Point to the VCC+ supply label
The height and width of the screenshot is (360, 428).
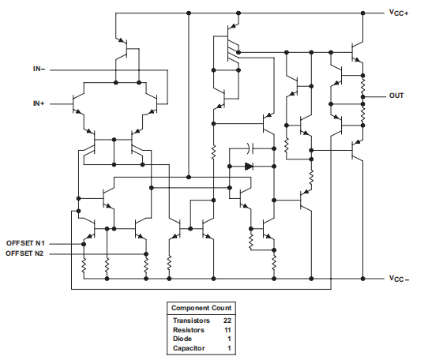point(399,13)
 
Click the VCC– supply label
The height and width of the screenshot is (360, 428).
point(399,279)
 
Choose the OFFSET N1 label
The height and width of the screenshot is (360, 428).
point(26,242)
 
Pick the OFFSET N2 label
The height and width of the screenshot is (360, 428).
point(26,253)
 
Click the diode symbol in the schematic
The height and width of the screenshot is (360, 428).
point(249,167)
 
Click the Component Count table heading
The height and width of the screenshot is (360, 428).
point(201,306)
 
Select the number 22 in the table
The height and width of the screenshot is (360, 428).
point(227,321)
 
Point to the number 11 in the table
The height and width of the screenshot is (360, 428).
point(227,329)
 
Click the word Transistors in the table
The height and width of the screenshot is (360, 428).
point(191,321)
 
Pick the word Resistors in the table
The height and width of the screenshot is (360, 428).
point(189,329)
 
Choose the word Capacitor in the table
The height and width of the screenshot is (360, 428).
point(189,347)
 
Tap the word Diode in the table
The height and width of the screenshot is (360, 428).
point(182,339)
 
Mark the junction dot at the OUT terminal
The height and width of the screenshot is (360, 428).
point(363,96)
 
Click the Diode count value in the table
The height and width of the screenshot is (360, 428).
point(228,339)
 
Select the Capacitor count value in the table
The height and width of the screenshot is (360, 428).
point(228,347)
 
